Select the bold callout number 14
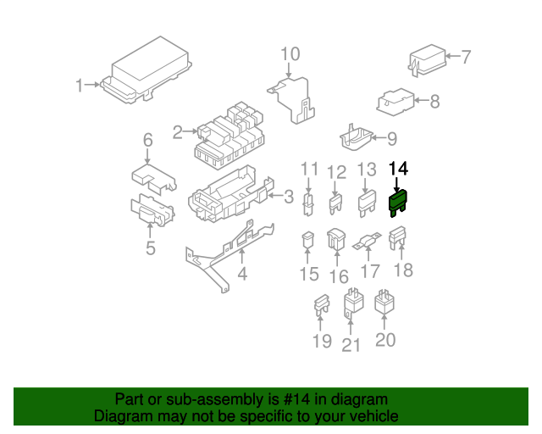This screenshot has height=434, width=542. [x=397, y=169]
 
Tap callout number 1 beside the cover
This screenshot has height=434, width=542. [x=80, y=86]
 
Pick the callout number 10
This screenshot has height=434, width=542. [x=290, y=55]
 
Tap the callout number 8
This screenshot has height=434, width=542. [x=434, y=103]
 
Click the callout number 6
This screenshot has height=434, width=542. [x=147, y=140]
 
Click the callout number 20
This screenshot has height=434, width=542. [x=385, y=340]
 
